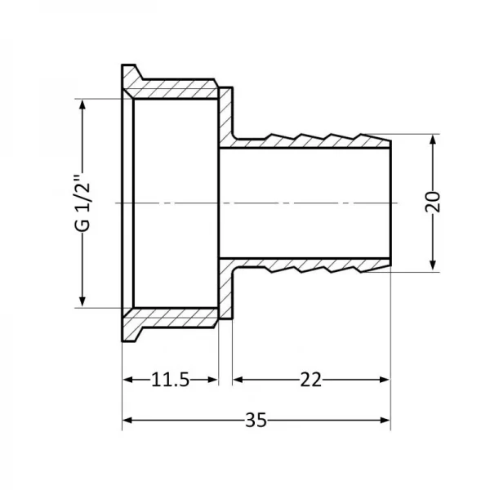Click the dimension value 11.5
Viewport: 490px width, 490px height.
171,380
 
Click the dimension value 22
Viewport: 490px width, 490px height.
310,380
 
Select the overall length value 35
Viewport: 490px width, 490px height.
256,421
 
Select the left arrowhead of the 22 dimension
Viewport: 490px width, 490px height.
238,380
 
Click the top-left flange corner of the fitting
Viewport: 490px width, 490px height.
122,65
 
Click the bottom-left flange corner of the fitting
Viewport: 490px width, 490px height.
122,341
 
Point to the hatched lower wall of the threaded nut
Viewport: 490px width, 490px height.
176,318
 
